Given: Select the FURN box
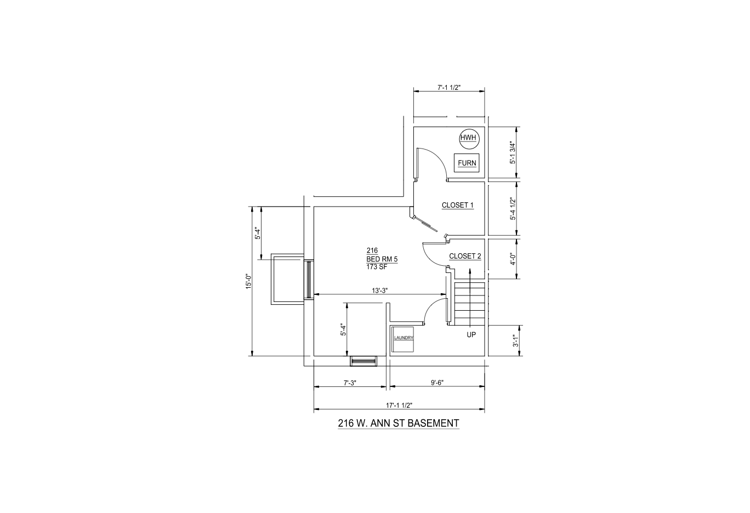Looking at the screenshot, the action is point(467,163).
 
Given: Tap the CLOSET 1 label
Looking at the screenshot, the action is point(457,206).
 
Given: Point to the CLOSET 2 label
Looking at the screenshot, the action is point(465,256).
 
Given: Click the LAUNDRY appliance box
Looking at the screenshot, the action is point(403,339).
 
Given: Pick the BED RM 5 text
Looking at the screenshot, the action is point(382,259).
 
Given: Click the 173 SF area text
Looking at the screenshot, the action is point(377,267).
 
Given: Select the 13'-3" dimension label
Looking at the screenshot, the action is point(380,290).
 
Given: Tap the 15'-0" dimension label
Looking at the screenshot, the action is point(248,282).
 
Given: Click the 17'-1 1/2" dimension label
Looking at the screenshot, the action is point(399,406).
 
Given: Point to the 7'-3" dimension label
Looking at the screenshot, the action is point(350,383).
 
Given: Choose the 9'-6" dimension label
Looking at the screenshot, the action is point(438,383).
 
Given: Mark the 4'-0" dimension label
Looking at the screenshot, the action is point(513,259).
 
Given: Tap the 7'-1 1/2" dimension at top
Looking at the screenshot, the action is point(449,88).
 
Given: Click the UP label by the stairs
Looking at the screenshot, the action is point(471,335).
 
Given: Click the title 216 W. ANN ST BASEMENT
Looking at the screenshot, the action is point(399,423).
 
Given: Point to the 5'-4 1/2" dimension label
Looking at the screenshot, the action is point(513,209).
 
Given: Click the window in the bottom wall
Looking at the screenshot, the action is point(363,361).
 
